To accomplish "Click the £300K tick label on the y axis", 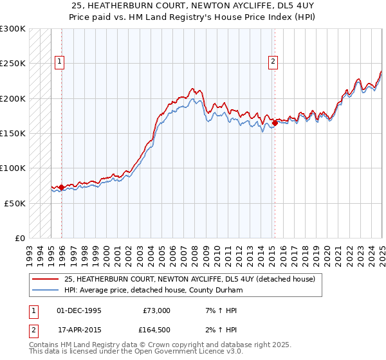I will [x=13, y=29].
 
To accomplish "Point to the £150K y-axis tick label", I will [x=13, y=134].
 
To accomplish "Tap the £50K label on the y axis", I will [x=15, y=203].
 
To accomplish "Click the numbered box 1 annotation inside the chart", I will [x=59, y=62].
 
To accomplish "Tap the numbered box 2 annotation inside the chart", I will [x=273, y=62].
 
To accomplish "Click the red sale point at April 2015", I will [x=275, y=122].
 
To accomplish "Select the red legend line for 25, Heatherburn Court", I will [x=45, y=280].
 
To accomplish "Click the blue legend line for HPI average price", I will [x=45, y=291].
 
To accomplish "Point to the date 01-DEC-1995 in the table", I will [x=79, y=310].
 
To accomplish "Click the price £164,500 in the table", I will [x=156, y=330].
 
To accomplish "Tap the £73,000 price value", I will [x=156, y=310].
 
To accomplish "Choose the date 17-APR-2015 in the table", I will [x=79, y=330].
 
